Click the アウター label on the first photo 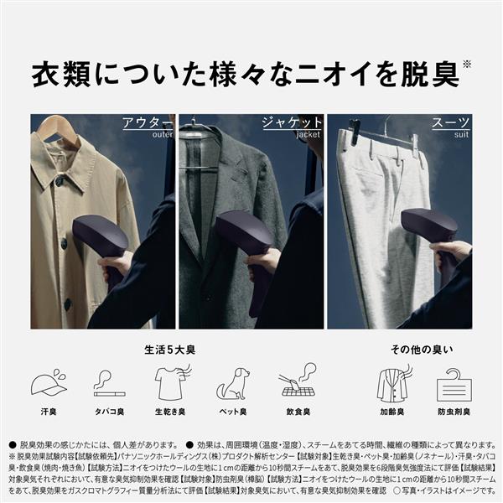coord(148,122)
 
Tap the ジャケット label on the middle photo coord(293,122)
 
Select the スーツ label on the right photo coord(451,122)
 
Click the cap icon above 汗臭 coord(49,383)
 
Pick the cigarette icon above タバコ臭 coord(108,383)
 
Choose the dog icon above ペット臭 coord(232,384)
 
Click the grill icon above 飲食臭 coord(297,383)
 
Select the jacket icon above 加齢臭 coord(392,383)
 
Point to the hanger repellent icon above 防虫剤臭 coord(454,385)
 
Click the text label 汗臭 coord(48,412)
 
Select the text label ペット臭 coord(232,412)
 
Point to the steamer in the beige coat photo coord(101,243)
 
